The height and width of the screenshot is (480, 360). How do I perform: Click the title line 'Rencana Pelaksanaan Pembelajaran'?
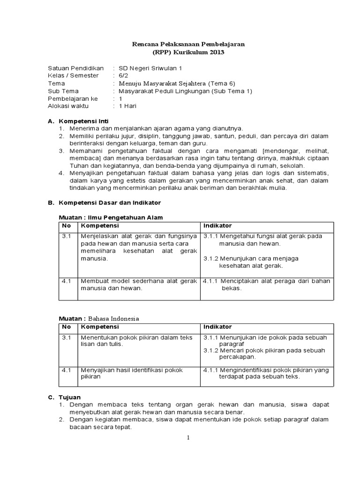coord(187,44)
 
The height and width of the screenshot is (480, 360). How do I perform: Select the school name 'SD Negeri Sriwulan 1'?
coord(150,68)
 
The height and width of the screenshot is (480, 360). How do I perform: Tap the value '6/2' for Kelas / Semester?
coord(123,75)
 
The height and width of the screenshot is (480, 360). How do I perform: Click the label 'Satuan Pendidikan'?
coord(75,68)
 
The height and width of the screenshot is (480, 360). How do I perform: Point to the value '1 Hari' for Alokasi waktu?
coord(127,106)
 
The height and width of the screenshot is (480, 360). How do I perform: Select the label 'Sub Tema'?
coord(63,91)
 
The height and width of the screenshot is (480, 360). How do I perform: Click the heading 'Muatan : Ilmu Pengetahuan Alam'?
coord(110,217)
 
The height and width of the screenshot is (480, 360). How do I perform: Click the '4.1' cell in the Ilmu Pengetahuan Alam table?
coord(67,281)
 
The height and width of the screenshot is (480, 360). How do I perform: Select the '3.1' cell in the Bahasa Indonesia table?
coord(67,337)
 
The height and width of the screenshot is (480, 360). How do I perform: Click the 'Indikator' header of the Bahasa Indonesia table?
coord(217,327)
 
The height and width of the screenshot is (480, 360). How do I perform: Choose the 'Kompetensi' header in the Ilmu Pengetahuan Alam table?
coord(100,226)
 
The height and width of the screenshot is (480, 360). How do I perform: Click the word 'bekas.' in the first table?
coord(232,288)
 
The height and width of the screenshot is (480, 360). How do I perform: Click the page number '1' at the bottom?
coord(188,438)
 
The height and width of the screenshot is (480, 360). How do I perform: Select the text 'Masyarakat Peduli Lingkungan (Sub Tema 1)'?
coord(185,91)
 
